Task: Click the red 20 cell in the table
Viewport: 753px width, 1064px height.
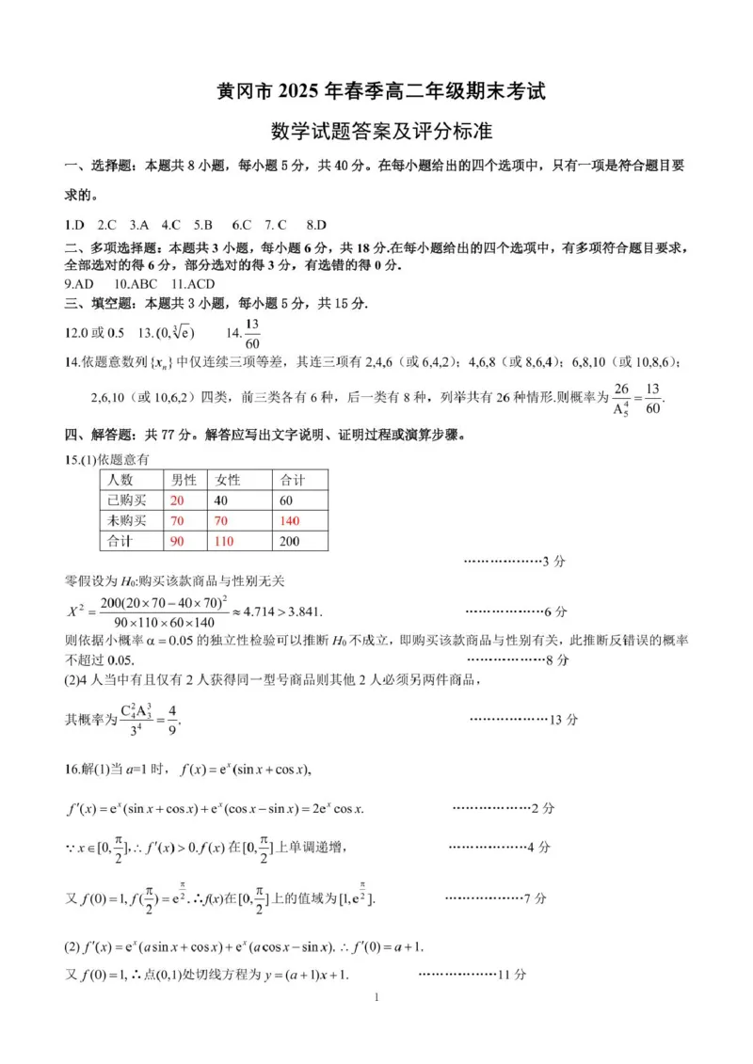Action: pyautogui.click(x=177, y=500)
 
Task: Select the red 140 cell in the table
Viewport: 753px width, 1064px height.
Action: pyautogui.click(x=289, y=521)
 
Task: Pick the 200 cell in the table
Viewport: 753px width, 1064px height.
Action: pyautogui.click(x=289, y=542)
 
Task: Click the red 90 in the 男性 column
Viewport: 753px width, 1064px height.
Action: pyautogui.click(x=177, y=542)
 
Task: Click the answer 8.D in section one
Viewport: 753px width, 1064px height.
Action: pyautogui.click(x=316, y=225)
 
